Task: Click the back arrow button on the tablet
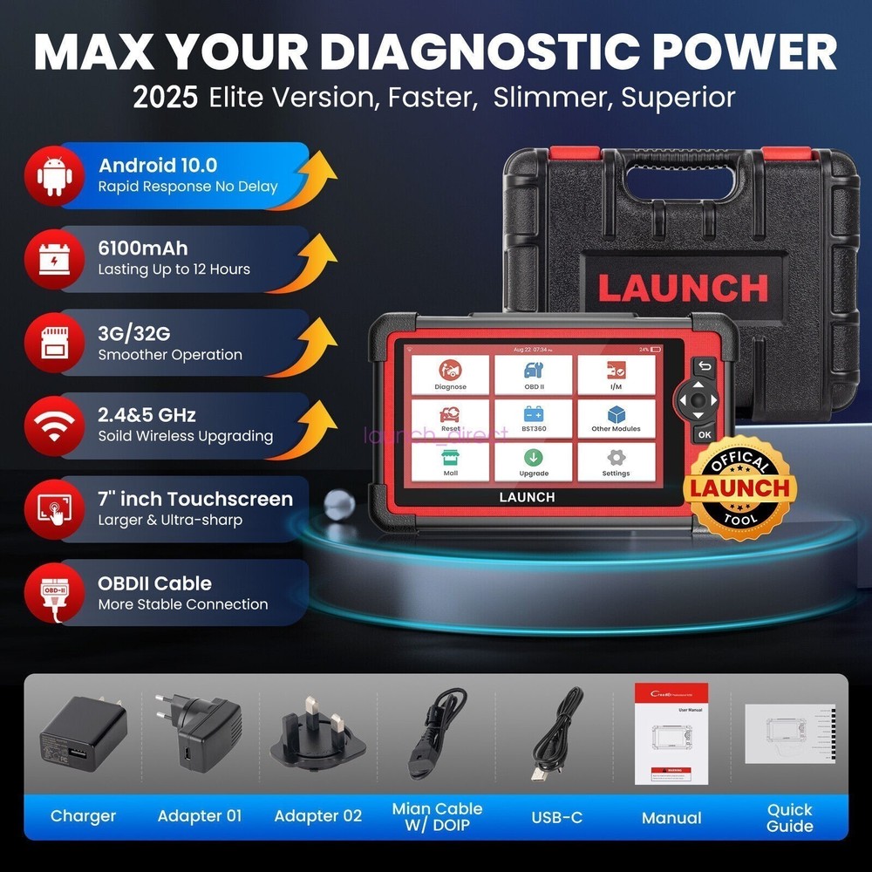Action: click(703, 367)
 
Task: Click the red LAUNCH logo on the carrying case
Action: click(683, 288)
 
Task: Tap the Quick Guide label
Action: click(790, 817)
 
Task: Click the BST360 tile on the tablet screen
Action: click(534, 419)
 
